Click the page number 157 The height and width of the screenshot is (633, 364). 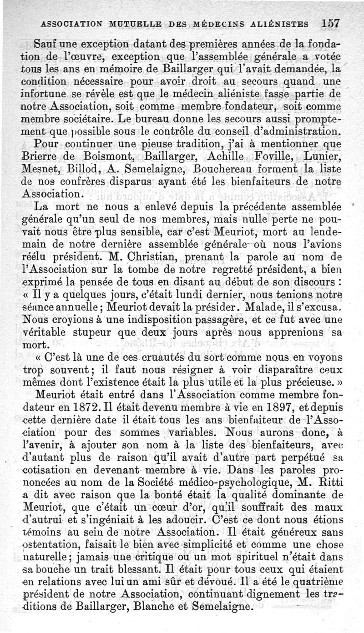(330, 23)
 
